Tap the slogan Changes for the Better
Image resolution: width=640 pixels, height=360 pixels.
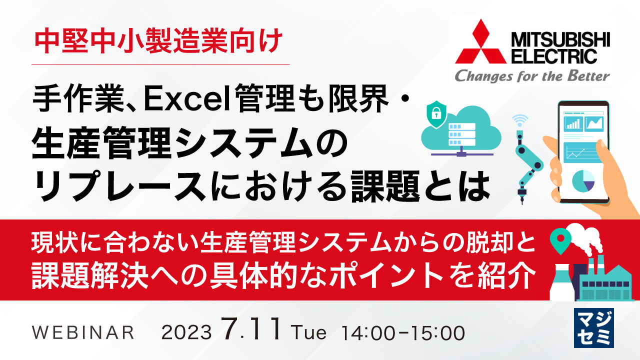[x=531, y=75]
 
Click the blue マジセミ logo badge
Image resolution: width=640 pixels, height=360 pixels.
[x=594, y=328]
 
